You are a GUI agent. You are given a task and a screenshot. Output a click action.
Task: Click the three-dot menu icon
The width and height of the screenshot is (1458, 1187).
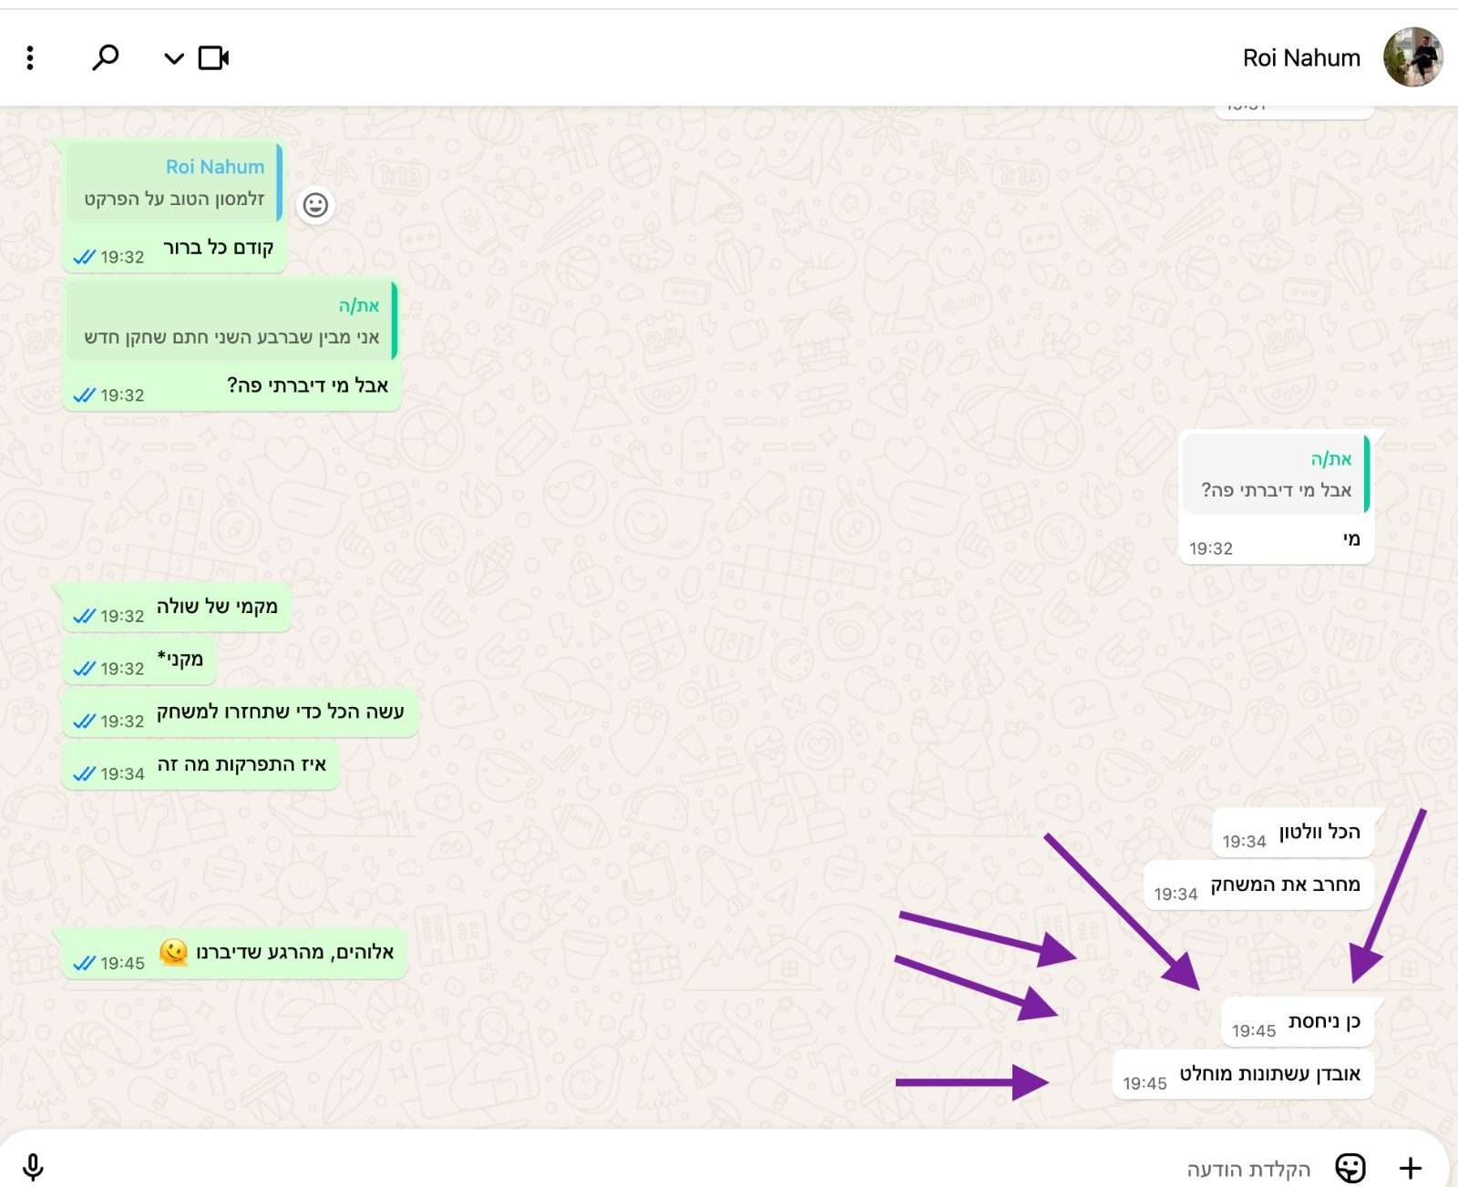point(30,58)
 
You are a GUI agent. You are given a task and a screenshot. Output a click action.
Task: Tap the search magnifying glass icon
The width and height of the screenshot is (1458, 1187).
point(106,57)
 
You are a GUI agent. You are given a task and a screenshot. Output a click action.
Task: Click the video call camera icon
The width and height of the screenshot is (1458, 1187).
point(213,58)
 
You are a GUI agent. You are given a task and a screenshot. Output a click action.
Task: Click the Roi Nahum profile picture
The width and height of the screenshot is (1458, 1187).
point(1412,57)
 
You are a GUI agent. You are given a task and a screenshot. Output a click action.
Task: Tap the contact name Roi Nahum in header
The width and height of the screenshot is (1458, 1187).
point(1301,58)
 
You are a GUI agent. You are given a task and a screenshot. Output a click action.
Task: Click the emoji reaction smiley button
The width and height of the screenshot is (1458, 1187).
point(315,205)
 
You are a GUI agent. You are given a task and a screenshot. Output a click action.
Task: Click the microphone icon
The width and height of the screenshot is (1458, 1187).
point(33,1167)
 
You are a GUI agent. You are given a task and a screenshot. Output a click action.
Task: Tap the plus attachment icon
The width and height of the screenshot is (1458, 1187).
point(1410,1168)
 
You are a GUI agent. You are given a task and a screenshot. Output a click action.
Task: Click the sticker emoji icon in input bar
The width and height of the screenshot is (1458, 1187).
point(1350,1168)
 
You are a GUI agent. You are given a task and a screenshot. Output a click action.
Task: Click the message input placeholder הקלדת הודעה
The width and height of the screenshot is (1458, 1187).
point(1248,1169)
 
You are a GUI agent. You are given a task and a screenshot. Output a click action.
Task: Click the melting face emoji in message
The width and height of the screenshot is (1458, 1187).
point(174,952)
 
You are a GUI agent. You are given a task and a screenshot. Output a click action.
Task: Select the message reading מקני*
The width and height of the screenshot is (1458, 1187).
point(139,660)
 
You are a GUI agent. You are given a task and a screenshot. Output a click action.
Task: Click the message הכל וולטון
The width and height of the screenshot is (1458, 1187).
point(1293,833)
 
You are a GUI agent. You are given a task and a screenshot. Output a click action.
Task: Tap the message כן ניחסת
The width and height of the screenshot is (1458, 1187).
point(1298,1022)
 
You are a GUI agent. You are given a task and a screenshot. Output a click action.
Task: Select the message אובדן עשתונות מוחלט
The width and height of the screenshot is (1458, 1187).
point(1243,1075)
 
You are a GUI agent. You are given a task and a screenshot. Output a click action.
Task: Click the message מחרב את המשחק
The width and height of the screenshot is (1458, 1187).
point(1258,885)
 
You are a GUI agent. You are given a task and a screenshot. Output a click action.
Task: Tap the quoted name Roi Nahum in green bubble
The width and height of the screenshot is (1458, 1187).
point(215,166)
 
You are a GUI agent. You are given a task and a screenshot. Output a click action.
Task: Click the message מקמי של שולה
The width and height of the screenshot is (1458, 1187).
point(177,608)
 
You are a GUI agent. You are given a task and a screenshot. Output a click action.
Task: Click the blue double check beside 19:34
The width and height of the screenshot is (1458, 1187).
point(84,773)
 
